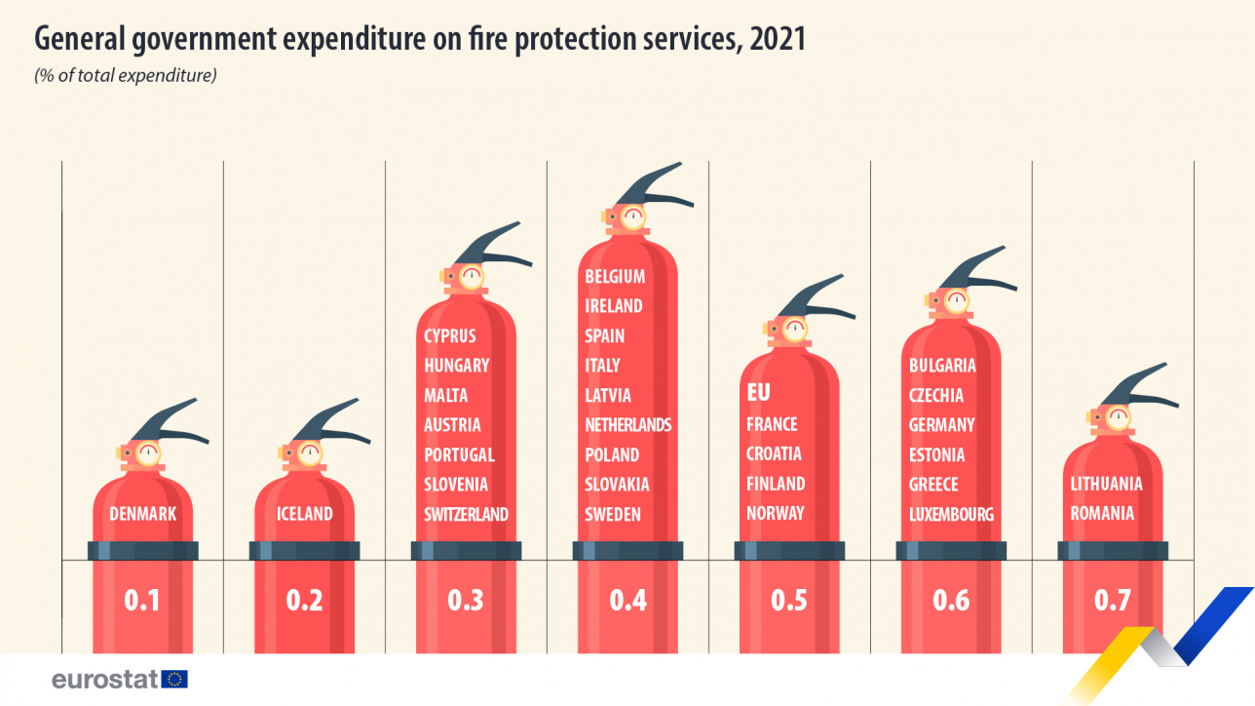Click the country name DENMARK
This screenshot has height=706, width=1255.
[142, 513]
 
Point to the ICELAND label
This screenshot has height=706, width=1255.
[304, 513]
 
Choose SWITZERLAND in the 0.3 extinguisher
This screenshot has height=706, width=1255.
[466, 514]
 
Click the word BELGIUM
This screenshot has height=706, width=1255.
[615, 276]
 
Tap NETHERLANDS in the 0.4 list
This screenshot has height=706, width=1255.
[627, 424]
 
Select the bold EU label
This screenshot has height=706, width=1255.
[758, 393]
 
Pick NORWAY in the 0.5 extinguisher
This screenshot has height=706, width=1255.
[775, 513]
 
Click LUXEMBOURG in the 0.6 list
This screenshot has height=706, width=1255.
[951, 514]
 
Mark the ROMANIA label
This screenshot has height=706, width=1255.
[1102, 513]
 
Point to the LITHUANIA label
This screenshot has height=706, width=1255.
[1106, 484]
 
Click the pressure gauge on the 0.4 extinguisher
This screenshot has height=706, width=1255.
[633, 216]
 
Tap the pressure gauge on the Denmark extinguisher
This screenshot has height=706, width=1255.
[148, 452]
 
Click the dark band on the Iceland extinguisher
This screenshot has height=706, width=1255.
[304, 551]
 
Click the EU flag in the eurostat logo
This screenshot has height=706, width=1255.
[175, 680]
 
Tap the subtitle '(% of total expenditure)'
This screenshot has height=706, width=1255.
[125, 75]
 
